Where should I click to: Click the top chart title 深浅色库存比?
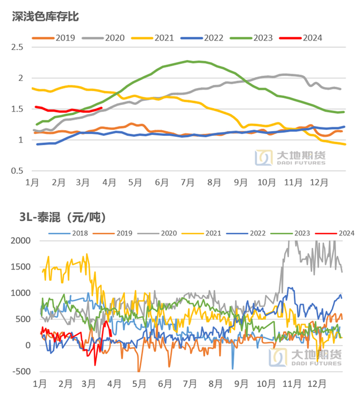click(x=45, y=16)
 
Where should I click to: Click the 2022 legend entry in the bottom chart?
click(x=256, y=233)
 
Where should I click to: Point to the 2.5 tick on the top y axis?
click(x=17, y=47)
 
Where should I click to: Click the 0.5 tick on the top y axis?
click(x=17, y=171)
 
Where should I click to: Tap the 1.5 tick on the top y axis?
click(x=17, y=109)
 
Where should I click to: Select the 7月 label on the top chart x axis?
click(x=187, y=182)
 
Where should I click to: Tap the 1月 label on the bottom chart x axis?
click(x=40, y=384)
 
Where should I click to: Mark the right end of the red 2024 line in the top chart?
click(x=101, y=108)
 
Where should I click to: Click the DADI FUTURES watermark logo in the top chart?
click(x=291, y=158)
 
